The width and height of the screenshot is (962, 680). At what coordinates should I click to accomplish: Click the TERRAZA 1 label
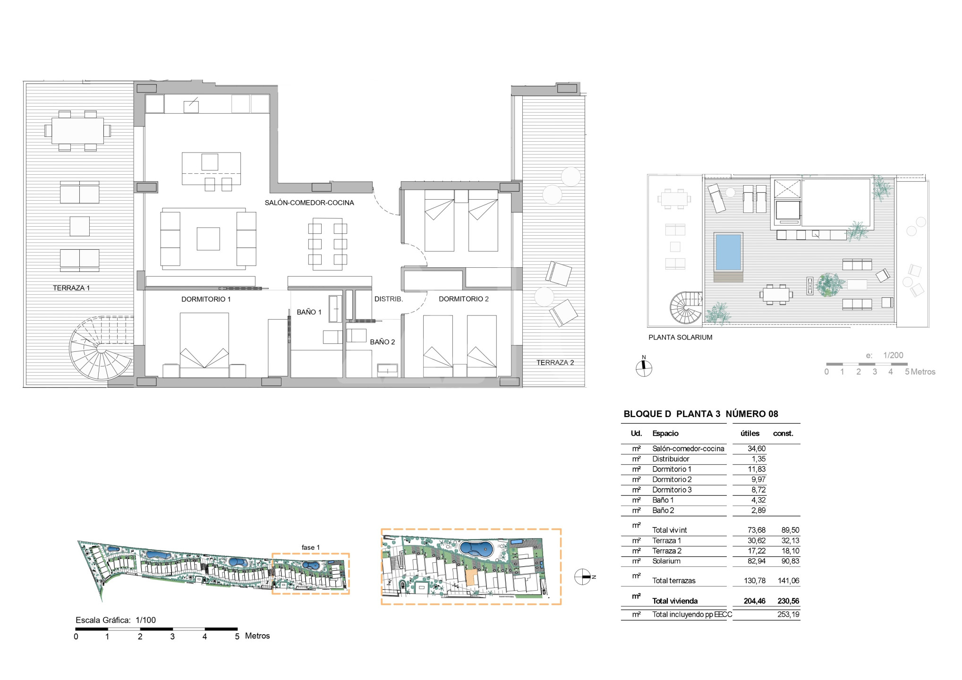[71, 288]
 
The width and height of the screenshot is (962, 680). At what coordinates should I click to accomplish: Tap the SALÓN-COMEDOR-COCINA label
[309, 203]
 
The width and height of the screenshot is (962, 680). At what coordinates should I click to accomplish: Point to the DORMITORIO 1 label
[206, 299]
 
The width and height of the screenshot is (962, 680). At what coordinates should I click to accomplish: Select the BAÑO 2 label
[383, 342]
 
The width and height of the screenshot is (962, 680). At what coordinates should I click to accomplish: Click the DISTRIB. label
[389, 299]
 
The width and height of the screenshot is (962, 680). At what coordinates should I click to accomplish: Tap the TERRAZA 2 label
[555, 363]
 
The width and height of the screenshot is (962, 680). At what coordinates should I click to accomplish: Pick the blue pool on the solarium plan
[728, 253]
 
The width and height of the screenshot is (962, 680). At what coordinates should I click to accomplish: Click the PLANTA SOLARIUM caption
[680, 337]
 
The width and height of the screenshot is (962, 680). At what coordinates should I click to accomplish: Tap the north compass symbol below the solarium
[644, 368]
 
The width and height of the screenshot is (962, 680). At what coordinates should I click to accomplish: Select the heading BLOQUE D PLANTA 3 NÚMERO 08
[701, 414]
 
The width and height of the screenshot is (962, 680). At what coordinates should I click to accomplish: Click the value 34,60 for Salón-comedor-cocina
[757, 449]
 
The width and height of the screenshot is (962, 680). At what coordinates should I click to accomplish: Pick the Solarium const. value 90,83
[790, 561]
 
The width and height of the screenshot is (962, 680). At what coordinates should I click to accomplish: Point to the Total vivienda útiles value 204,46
[755, 601]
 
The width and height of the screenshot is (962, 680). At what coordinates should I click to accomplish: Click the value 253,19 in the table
[788, 614]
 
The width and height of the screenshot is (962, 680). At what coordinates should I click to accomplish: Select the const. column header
[783, 433]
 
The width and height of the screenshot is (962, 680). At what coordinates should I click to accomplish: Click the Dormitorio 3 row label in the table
[672, 490]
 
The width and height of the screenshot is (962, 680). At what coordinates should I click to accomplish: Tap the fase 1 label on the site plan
[311, 547]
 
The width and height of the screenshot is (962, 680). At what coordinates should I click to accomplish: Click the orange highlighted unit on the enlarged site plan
[470, 578]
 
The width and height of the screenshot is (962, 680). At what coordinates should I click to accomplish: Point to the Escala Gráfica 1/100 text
[116, 620]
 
